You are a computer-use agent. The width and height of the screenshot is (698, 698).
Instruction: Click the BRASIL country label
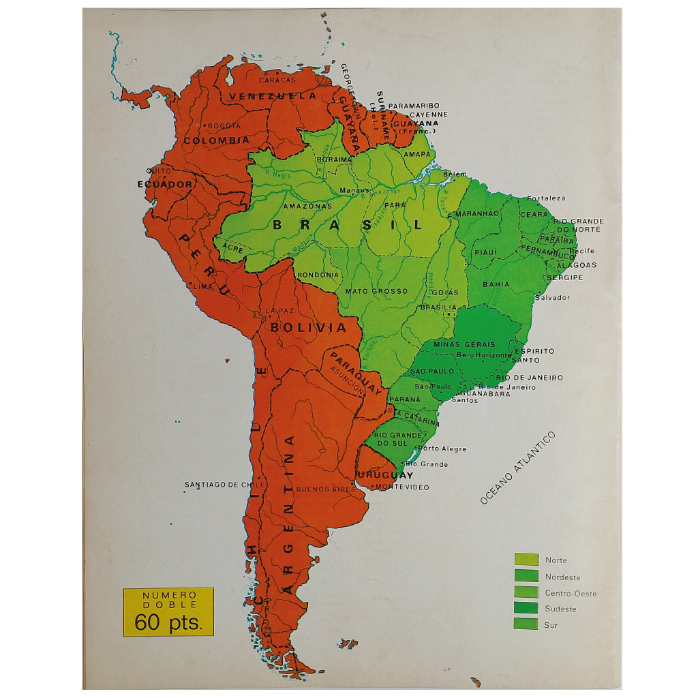pyautogui.click(x=347, y=224)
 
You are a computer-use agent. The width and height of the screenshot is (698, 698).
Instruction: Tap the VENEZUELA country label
pyautogui.click(x=273, y=96)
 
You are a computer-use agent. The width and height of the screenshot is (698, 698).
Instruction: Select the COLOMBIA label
pyautogui.click(x=216, y=140)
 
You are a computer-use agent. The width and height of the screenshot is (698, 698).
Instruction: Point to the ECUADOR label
pyautogui.click(x=165, y=184)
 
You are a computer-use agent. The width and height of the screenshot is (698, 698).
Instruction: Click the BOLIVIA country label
pyautogui.click(x=308, y=327)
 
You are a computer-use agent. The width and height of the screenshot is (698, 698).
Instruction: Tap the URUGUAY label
pyautogui.click(x=385, y=475)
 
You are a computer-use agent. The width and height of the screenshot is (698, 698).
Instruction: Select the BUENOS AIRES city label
pyautogui.click(x=325, y=489)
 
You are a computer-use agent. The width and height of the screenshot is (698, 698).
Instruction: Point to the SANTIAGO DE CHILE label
pyautogui.click(x=224, y=485)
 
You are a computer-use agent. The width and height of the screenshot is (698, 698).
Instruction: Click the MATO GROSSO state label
pyautogui.click(x=376, y=291)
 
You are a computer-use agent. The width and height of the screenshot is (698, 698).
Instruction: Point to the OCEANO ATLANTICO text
pyautogui.click(x=517, y=468)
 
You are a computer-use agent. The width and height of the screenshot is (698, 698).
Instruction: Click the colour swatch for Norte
pyautogui.click(x=526, y=560)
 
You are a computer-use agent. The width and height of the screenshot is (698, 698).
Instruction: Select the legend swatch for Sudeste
pyautogui.click(x=526, y=608)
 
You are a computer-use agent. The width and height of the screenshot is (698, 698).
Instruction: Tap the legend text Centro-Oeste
pyautogui.click(x=571, y=594)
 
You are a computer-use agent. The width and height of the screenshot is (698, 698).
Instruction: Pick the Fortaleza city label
pyautogui.click(x=545, y=198)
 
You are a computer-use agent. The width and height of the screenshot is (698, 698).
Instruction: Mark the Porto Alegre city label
pyautogui.click(x=442, y=449)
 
